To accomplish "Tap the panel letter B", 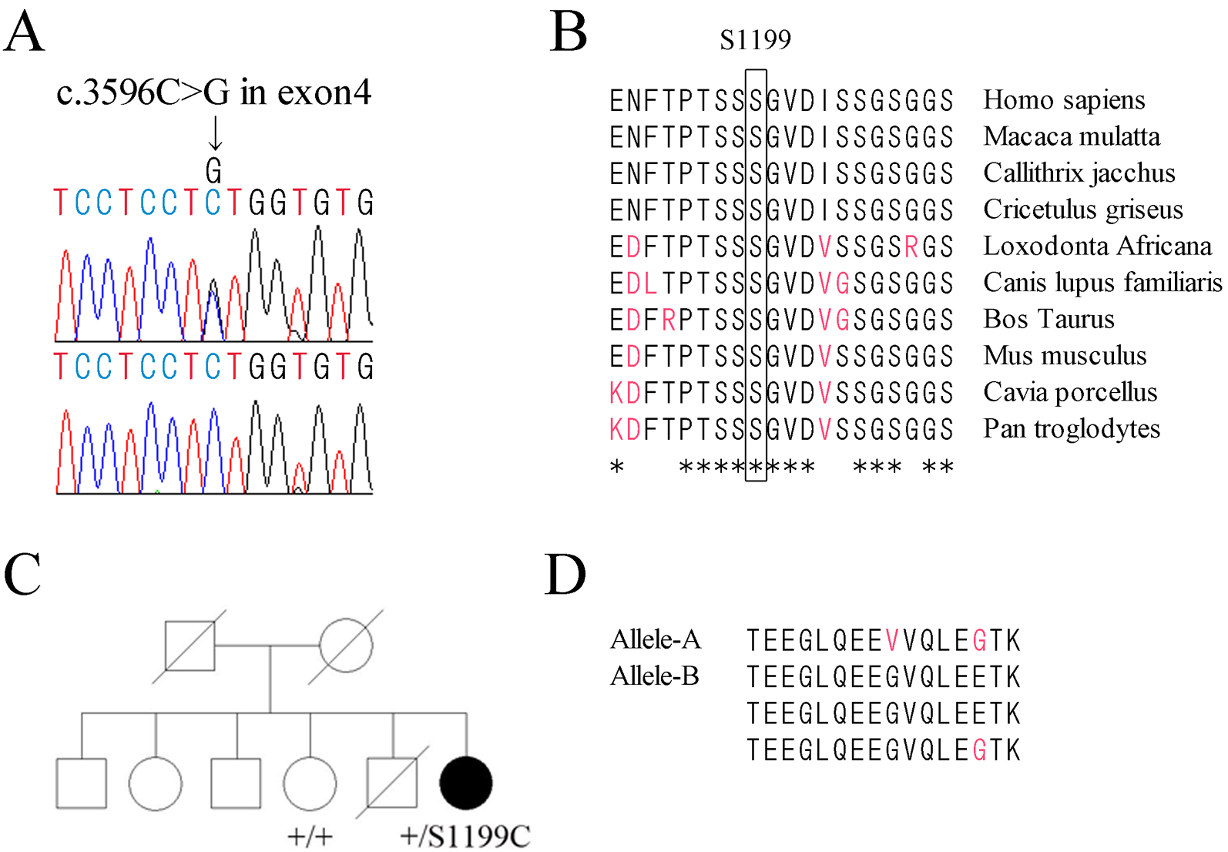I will (569, 32).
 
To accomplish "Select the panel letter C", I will (22, 574).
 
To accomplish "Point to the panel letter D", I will (565, 575).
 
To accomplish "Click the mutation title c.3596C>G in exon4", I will (213, 92).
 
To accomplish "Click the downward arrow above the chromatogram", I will (216, 132).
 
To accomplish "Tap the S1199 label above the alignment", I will (755, 40).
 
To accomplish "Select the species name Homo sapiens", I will (1064, 100).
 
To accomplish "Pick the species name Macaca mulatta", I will (1072, 136).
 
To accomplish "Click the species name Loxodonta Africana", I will (1097, 246).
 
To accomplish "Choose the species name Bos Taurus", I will (1048, 319).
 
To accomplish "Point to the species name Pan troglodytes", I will (1072, 428).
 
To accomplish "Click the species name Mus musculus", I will (1065, 355).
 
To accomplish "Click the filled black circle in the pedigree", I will (465, 783).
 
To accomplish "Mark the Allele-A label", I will (655, 639).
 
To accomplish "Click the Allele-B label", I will (654, 676).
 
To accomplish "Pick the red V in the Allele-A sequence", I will (893, 640).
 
